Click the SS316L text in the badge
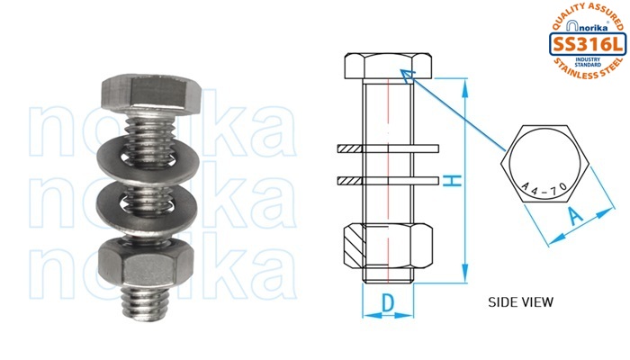point(588,44)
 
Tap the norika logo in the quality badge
point(587,26)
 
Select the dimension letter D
point(387,303)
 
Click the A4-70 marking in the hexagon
point(544,188)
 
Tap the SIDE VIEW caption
point(520,302)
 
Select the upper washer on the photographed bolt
point(148,157)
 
